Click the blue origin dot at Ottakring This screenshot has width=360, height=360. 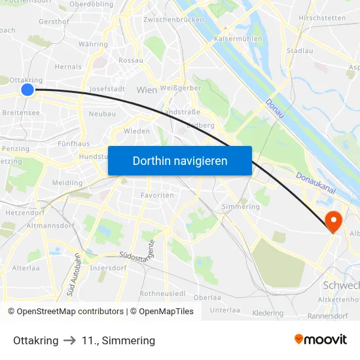pyautogui.click(x=27, y=89)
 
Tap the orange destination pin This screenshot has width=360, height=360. pyautogui.click(x=333, y=221)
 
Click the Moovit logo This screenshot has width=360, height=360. pyautogui.click(x=321, y=340)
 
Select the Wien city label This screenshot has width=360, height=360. pyautogui.click(x=147, y=89)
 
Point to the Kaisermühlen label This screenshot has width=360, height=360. pyautogui.click(x=238, y=39)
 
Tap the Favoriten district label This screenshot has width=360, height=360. pyautogui.click(x=158, y=195)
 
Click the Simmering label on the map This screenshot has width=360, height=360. pyautogui.click(x=241, y=207)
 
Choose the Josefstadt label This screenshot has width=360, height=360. pyautogui.click(x=106, y=88)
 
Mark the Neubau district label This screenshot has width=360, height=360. pyautogui.click(x=102, y=114)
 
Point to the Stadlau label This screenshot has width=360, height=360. pyautogui.click(x=300, y=50)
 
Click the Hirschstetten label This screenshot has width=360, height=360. pyautogui.click(x=321, y=18)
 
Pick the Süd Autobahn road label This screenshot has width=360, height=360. pyautogui.click(x=73, y=275)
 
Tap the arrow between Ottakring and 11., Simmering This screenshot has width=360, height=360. pyautogui.click(x=70, y=340)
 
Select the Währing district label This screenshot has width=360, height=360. pyautogui.click(x=93, y=45)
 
